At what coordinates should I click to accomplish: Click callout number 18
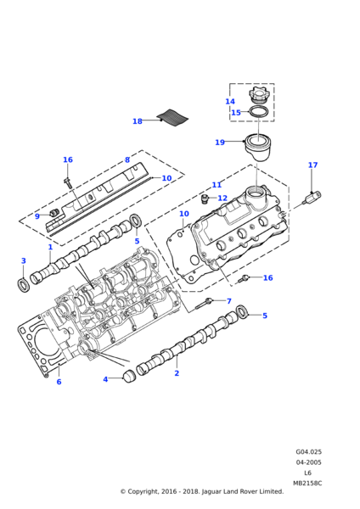coord(137,121)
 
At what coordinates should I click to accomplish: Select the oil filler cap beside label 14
coord(258,96)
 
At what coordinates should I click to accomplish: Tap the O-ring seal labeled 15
coord(259,112)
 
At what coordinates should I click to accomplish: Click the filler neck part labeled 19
coord(258,147)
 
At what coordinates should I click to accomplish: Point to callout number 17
coord(312,165)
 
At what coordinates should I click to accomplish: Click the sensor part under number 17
coord(312,198)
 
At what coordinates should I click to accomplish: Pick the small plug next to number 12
coord(205,199)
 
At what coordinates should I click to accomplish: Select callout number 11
coord(217,185)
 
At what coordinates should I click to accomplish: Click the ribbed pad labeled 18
coord(173,118)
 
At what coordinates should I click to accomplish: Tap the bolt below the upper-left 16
coord(68,182)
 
